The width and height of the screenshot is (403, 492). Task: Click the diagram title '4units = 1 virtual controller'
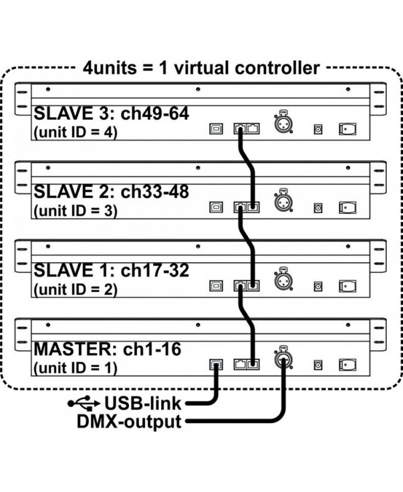201,68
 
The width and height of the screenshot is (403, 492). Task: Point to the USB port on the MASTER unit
216,366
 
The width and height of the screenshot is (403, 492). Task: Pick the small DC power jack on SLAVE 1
319,287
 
